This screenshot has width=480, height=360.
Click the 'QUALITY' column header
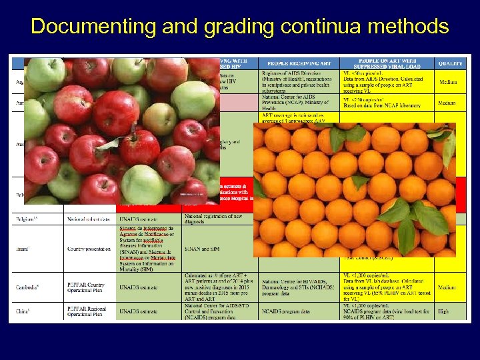click(x=451, y=63)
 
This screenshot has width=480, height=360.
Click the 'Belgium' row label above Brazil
click(x=27, y=219)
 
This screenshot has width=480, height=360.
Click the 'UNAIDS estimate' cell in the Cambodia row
click(x=141, y=287)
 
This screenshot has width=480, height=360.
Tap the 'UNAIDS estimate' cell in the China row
click(x=141, y=311)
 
